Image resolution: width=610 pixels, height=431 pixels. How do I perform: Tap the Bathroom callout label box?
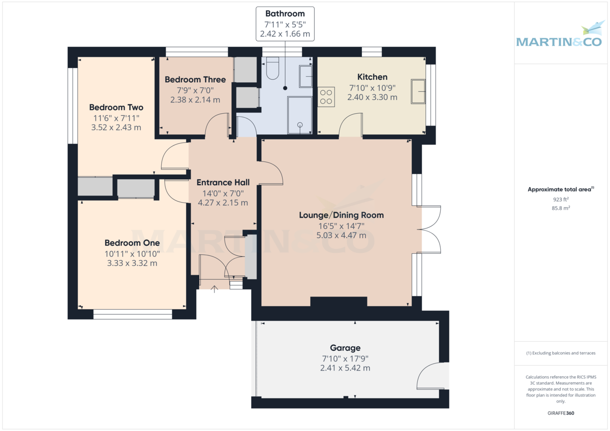click(285, 24)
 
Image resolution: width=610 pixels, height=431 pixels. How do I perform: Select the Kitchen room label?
click(372, 77)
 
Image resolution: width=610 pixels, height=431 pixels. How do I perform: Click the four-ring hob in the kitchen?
click(326, 96)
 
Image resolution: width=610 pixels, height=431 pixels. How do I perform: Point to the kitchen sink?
click(418, 91)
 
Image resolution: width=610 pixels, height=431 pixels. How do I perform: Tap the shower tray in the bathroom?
click(299, 115)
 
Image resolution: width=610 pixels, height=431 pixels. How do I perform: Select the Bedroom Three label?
click(195, 80)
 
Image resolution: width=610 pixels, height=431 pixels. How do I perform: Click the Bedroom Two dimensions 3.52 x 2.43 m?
click(116, 127)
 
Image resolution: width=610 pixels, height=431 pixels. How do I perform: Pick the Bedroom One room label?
click(132, 243)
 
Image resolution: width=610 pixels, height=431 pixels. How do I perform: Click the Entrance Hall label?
click(223, 183)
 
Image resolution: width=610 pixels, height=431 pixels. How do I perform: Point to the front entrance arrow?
click(215, 289)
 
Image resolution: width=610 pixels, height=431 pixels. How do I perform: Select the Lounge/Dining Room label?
click(341, 215)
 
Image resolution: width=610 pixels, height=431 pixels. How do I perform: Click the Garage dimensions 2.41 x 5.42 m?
click(345, 368)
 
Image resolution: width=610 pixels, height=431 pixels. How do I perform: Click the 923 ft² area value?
click(561, 200)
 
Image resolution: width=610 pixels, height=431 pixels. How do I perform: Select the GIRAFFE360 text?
click(561, 413)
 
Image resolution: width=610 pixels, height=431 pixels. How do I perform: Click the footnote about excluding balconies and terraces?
click(561, 353)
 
